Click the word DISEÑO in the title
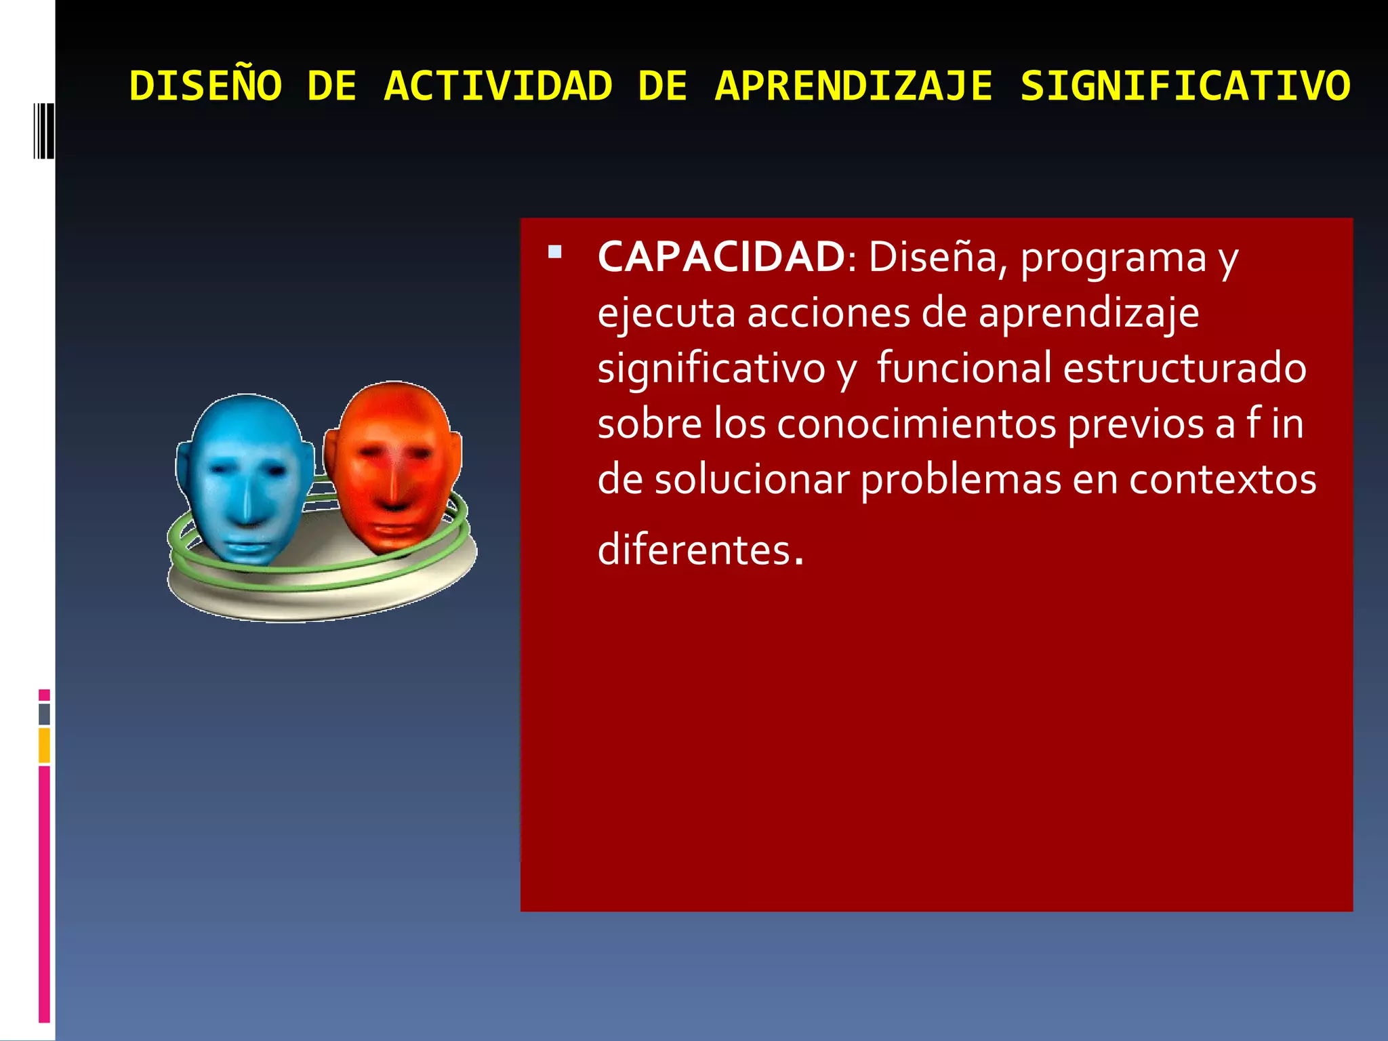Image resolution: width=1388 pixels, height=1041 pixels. (205, 87)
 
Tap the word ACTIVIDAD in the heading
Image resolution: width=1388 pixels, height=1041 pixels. (498, 87)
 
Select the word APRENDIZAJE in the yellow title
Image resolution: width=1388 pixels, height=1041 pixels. (854, 87)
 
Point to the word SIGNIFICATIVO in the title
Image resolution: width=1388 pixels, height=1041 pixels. (1185, 87)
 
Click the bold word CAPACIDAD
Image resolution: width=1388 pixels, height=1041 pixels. (721, 258)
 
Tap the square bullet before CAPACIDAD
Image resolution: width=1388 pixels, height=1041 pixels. (555, 252)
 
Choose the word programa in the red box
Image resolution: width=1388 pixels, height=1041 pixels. (1114, 259)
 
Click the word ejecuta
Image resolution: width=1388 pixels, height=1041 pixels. (666, 314)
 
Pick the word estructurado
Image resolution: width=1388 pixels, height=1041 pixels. (1185, 369)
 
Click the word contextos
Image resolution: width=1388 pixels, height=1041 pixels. (1223, 480)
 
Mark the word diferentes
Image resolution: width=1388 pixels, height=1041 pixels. (701, 549)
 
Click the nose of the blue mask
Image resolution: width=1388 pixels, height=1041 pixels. (245, 505)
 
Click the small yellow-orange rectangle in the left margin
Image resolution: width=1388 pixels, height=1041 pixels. (44, 745)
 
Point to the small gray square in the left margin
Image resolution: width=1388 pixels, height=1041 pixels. (44, 714)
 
